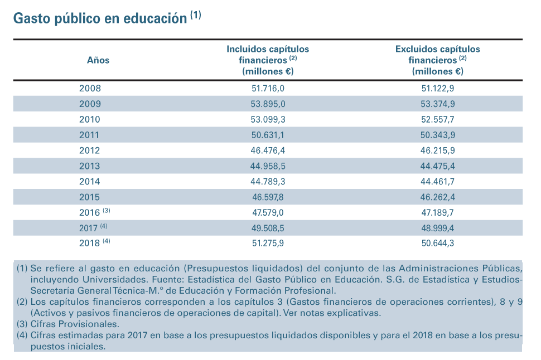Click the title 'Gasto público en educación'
(100, 18)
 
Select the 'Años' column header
(98, 60)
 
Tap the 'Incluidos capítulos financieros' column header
(268, 60)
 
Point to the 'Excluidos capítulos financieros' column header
(437, 60)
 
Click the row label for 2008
(90, 88)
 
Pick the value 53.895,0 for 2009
(268, 104)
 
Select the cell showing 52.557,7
(437, 119)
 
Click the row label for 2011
(89, 135)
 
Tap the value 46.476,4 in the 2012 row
(268, 150)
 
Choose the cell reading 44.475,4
(437, 166)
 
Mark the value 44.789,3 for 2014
(268, 181)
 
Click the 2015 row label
(90, 197)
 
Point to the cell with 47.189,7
(437, 212)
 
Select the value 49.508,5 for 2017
(268, 228)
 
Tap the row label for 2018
(90, 243)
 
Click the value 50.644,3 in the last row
(437, 243)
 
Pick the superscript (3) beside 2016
(107, 210)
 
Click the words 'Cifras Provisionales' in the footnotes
(74, 324)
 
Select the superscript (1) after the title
(196, 15)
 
